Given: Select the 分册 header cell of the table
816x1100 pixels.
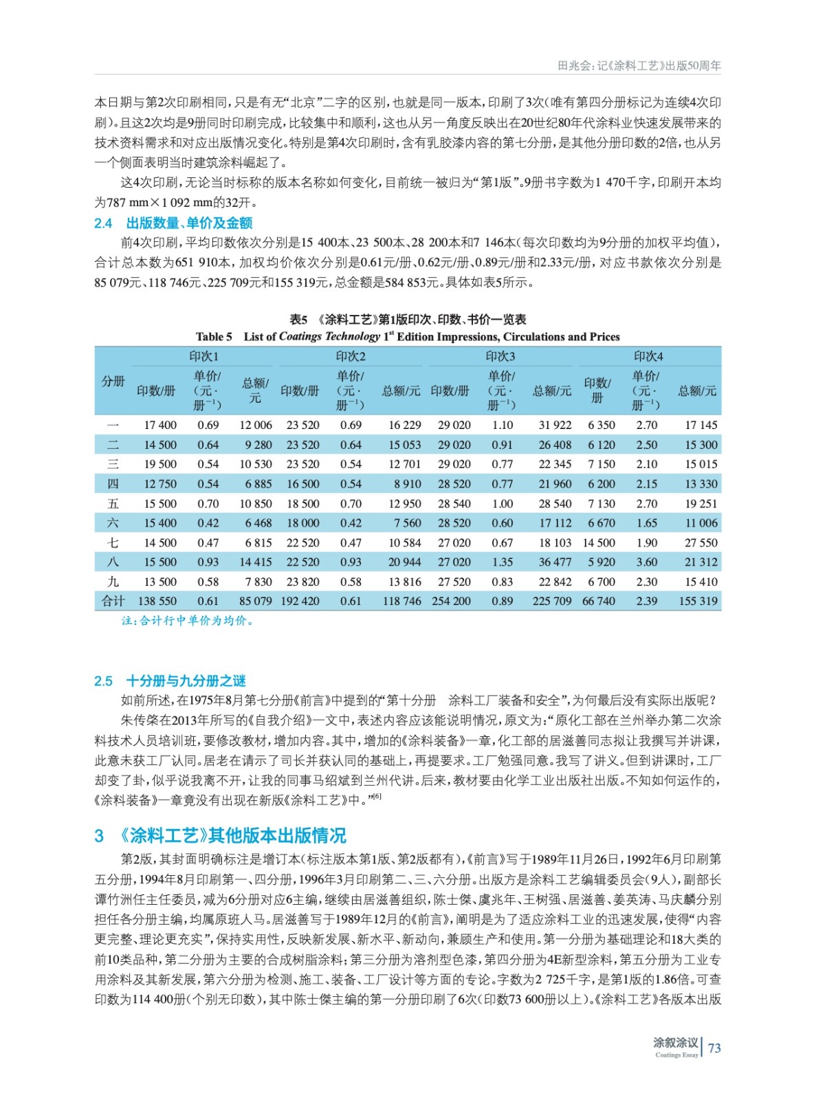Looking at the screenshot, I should point(113,382).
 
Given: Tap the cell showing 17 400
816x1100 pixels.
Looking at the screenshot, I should point(159,425).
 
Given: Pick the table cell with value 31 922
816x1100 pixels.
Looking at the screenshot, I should point(554,425).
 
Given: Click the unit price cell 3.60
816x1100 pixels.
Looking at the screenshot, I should point(646,562).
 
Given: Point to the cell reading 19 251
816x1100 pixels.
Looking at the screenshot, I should point(701,503).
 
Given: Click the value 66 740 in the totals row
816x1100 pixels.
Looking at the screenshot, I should point(598,601).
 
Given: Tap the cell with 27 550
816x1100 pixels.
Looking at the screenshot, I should point(701,542).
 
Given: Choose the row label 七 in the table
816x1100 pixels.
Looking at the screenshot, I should point(113,542).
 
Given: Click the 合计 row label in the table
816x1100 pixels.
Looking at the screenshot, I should point(113,601).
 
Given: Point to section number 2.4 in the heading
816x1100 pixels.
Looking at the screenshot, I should point(103,223).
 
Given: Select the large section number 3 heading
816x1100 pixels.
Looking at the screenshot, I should point(99,835).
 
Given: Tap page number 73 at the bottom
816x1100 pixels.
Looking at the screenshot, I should point(714,1048).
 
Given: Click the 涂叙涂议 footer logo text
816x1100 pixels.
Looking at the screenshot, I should point(675,1043).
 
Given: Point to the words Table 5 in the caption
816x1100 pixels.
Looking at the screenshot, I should point(214,337).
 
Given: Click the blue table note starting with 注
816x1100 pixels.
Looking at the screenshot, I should point(188,621).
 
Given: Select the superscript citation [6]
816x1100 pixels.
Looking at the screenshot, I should point(377,796).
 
